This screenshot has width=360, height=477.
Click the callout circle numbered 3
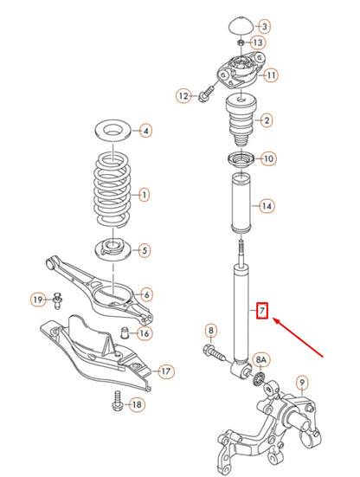click(x=265, y=27)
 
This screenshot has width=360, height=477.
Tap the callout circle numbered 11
click(x=270, y=75)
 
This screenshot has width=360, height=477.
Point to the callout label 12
click(x=183, y=95)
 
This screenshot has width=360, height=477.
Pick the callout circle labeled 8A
click(x=261, y=357)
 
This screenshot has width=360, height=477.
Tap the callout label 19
click(x=37, y=300)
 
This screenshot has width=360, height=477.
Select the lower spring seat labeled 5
click(x=112, y=248)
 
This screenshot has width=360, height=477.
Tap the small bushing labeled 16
click(x=125, y=332)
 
